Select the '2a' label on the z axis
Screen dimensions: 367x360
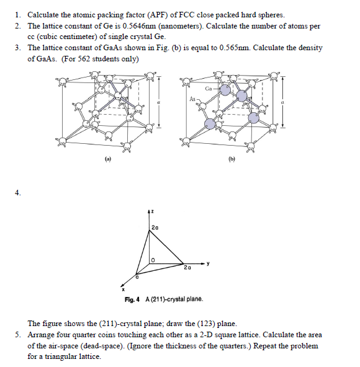[x=155, y=229]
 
